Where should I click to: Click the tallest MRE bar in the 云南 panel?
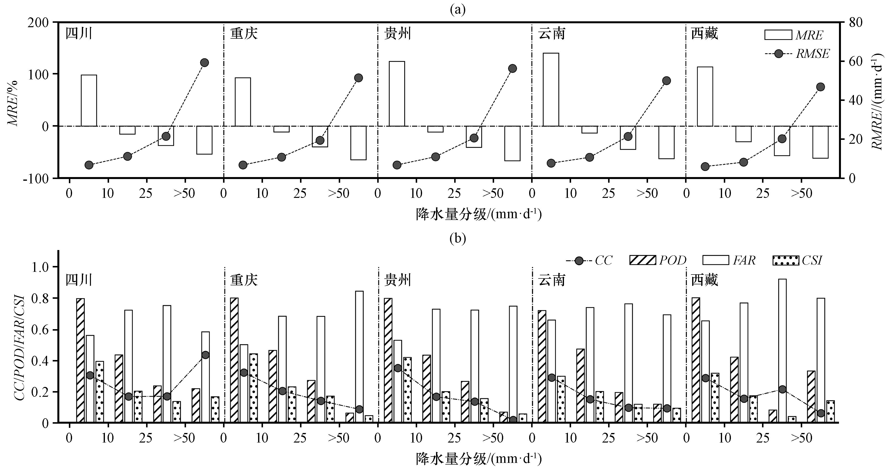(x=551, y=90)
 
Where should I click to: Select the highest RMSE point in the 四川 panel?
(x=204, y=63)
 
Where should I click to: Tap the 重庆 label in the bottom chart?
(x=244, y=280)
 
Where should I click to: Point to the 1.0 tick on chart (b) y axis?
(x=41, y=267)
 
